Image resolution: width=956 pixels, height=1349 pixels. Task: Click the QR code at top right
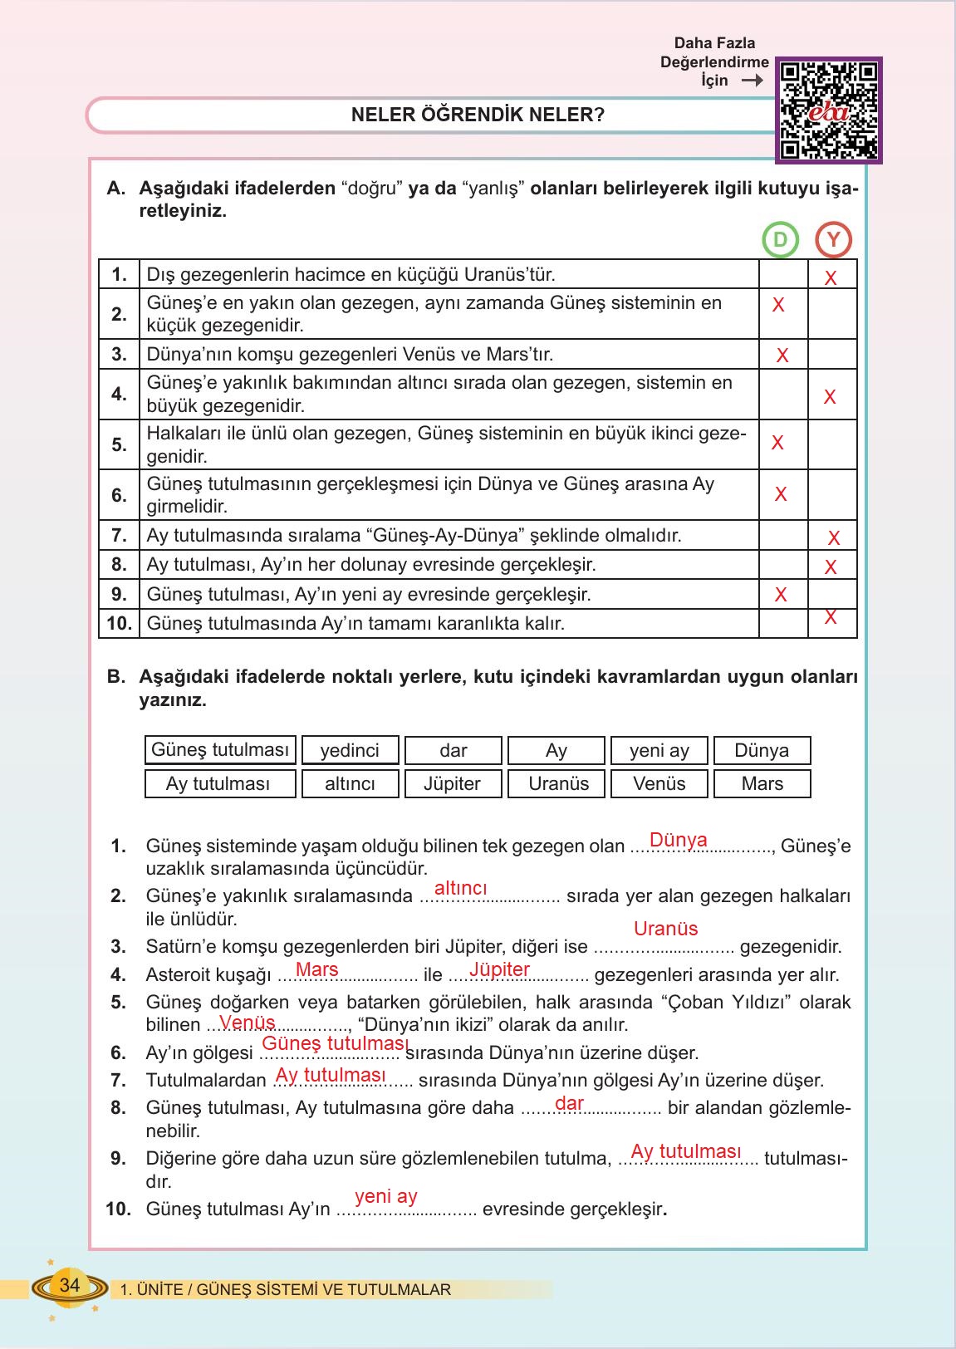pos(829,110)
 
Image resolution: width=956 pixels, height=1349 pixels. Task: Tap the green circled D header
pos(780,240)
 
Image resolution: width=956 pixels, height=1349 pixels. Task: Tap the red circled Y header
pos(833,240)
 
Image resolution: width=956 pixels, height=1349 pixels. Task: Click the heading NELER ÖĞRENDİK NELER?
pos(478,115)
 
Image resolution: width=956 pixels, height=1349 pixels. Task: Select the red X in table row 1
pos(831,278)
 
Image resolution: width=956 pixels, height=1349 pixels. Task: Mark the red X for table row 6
pos(781,494)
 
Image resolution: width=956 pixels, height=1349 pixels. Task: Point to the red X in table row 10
pos(831,617)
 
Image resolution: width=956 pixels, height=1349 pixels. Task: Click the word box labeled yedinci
pos(350,750)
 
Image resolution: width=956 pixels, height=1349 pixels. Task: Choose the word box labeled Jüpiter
pos(453,783)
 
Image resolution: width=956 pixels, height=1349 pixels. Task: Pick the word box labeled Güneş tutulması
pos(220,749)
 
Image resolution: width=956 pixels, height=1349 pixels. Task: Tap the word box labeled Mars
pos(762,783)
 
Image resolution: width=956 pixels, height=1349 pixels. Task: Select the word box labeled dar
pos(453,750)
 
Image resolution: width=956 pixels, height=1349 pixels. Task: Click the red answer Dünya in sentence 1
pos(678,840)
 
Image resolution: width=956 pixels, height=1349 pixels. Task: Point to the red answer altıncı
pos(460,888)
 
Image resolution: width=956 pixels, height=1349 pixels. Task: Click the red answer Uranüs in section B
pos(665,929)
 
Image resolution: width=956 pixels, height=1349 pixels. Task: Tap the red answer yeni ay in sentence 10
pos(385,1196)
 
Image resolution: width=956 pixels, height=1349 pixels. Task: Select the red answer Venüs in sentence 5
pos(247,1023)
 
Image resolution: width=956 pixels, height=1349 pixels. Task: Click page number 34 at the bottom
pos(70,1285)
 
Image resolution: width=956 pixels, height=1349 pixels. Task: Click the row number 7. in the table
pos(119,535)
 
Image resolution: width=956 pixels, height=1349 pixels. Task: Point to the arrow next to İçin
pos(752,81)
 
